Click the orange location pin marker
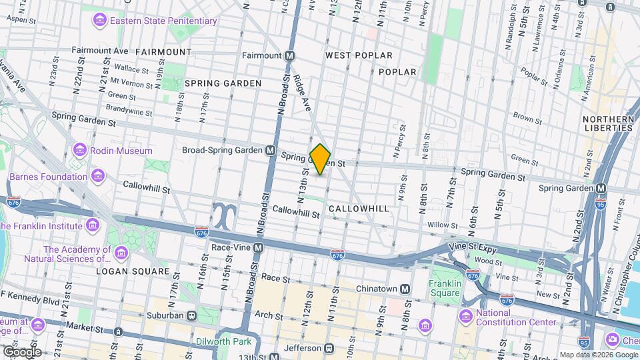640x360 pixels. point(320,159)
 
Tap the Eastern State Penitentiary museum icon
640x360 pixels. point(100,21)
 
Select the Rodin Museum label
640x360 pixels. point(121,151)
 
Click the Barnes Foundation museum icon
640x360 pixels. point(99,177)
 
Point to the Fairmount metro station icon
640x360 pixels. point(290,55)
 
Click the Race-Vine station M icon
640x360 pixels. point(258,247)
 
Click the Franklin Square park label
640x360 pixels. point(445,287)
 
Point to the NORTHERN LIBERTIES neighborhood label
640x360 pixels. point(607,123)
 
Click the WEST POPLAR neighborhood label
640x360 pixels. point(359,55)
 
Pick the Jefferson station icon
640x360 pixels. point(329,347)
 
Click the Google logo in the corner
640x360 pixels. point(22,351)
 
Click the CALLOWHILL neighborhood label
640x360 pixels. point(367,209)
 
